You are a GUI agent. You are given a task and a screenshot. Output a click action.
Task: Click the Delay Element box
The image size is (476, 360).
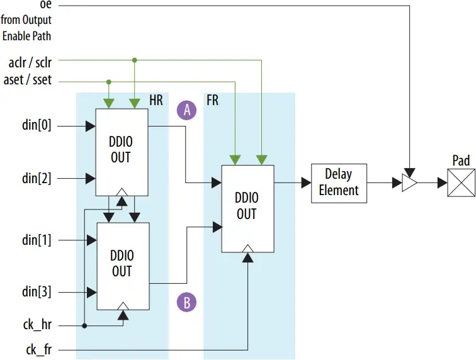click(339, 183)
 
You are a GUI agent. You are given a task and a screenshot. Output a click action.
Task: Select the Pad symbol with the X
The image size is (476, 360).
click(462, 183)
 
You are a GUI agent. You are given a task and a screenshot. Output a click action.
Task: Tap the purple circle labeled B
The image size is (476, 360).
click(186, 302)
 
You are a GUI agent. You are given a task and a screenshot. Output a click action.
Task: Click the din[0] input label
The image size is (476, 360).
click(37, 126)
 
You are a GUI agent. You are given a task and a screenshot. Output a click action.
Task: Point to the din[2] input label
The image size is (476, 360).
click(37, 178)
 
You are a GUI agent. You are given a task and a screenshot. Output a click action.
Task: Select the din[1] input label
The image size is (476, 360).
click(37, 240)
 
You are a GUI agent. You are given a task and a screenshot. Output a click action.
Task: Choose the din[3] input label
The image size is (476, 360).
click(37, 292)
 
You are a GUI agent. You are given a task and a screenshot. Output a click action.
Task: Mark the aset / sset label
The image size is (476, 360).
click(30, 80)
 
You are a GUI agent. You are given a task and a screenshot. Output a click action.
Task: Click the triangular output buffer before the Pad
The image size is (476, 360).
click(409, 183)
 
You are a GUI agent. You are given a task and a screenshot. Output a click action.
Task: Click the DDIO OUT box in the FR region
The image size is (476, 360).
click(247, 208)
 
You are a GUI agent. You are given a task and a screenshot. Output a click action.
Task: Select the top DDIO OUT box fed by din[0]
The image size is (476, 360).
click(122, 151)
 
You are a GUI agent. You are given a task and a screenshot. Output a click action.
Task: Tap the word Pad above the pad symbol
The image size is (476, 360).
click(461, 161)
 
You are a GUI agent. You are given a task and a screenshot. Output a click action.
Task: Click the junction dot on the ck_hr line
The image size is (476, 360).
click(84, 326)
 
